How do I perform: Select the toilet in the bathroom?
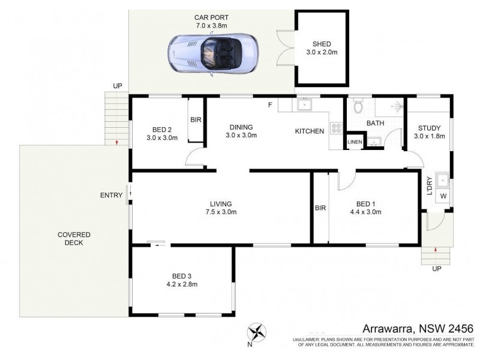(x=358, y=106)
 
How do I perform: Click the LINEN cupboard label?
(x=355, y=142)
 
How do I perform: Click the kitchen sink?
(x=305, y=106)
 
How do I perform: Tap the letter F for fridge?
(x=270, y=106)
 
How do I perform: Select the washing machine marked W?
(x=444, y=195)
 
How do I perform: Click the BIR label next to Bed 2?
(x=196, y=120)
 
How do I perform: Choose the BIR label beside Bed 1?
(x=320, y=208)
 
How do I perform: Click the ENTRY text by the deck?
(x=112, y=195)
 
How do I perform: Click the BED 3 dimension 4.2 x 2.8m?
(x=182, y=284)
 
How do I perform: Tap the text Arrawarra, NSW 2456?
(x=418, y=329)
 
